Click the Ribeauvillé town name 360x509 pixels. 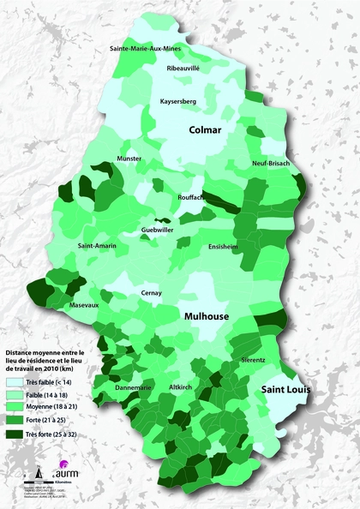tap(189, 66)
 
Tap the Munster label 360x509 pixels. tap(129, 159)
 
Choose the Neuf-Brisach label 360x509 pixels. tap(273, 163)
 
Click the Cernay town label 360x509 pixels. tap(151, 293)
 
